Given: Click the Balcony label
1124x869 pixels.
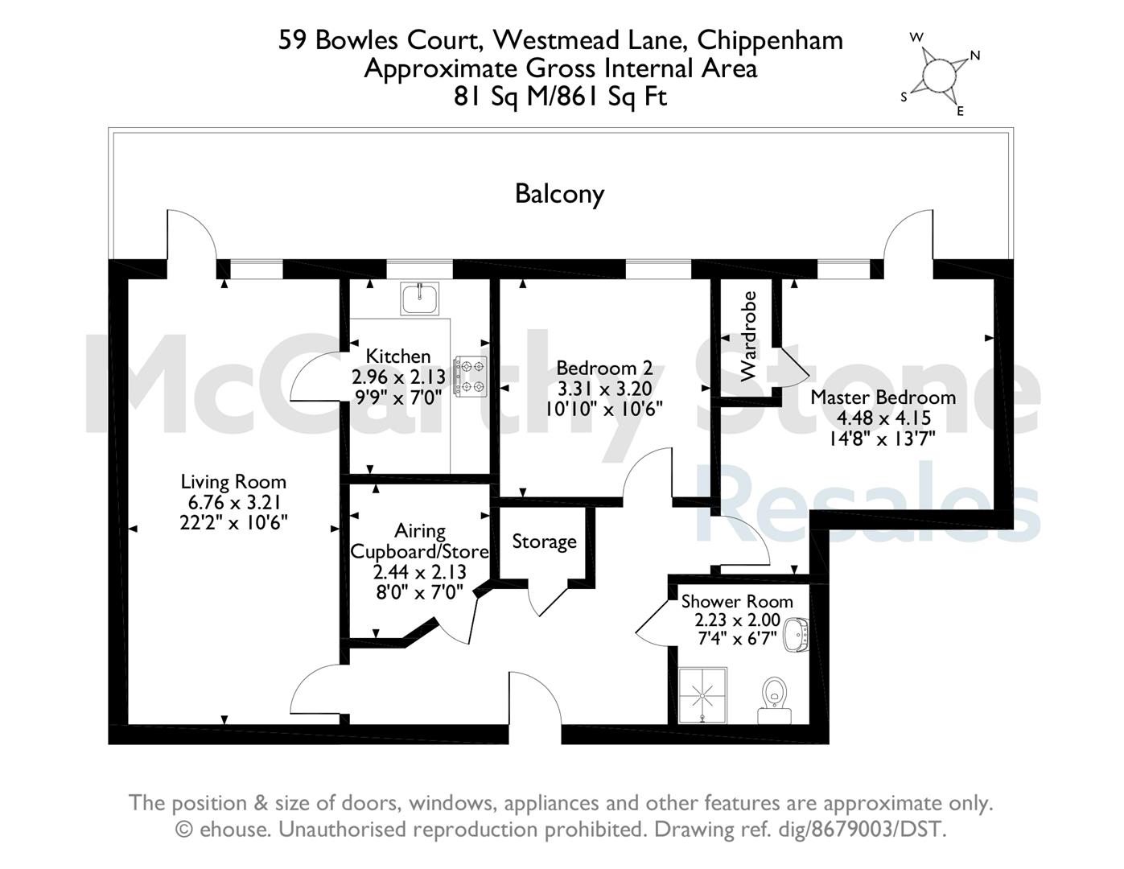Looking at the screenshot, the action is [x=559, y=195].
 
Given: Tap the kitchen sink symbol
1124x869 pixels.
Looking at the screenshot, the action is [x=419, y=299].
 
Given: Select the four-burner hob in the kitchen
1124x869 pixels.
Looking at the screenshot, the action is [x=470, y=376].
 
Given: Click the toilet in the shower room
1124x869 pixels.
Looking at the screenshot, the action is [x=774, y=700].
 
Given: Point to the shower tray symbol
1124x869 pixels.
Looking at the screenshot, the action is [x=702, y=696].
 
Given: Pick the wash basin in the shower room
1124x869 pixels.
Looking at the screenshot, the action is [x=796, y=635].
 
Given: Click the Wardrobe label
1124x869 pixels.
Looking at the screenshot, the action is [x=748, y=336].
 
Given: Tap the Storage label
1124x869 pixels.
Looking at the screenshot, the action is [x=544, y=542].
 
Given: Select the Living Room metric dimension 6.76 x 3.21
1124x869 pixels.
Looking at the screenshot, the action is [x=234, y=502].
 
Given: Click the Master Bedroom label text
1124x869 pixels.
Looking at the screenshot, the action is [x=883, y=397].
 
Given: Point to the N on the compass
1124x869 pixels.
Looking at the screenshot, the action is [x=975, y=56].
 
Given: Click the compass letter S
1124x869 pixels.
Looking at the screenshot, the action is [x=904, y=97].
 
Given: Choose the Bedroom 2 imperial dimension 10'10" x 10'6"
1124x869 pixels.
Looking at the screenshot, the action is [x=603, y=410].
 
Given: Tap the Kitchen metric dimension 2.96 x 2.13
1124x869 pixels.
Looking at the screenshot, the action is [x=398, y=377].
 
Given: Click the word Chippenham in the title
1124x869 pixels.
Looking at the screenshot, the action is [x=770, y=40].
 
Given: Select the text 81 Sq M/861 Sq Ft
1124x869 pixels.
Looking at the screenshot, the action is [x=561, y=96].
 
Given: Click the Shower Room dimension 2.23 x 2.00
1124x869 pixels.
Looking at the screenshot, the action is [x=737, y=620].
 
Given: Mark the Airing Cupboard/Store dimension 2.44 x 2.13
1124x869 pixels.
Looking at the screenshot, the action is [x=419, y=572].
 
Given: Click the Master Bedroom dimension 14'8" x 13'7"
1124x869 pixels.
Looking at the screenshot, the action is [x=883, y=439].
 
